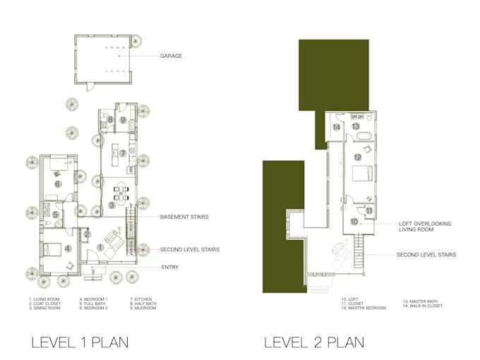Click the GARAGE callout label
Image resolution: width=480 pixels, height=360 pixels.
tap(172, 56)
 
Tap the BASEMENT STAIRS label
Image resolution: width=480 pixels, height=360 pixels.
tap(184, 217)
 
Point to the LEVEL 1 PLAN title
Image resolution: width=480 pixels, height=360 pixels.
tap(79, 343)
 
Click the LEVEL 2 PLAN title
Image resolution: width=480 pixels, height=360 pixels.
tap(314, 343)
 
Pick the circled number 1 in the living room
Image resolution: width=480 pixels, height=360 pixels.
tap(100, 247)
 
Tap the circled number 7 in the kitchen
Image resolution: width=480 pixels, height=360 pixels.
tap(122, 153)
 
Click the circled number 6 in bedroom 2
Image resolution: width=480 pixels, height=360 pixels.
tap(59, 183)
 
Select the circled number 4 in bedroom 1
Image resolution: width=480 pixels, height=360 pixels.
tap(68, 248)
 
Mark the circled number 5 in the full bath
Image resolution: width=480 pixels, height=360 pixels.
tap(54, 214)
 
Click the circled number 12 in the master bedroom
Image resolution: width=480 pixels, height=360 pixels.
tap(358, 157)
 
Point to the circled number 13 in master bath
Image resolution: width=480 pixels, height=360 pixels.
tap(356, 126)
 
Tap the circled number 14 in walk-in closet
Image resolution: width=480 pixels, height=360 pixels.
tap(337, 127)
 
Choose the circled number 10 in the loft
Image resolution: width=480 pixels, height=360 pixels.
tap(354, 221)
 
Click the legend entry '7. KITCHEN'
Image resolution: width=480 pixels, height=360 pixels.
tap(140, 299)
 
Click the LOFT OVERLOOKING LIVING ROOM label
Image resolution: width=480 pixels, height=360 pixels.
tap(424, 226)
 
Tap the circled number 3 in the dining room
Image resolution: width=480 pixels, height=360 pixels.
tap(112, 205)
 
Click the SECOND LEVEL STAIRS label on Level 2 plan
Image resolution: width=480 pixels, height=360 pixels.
tap(426, 254)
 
